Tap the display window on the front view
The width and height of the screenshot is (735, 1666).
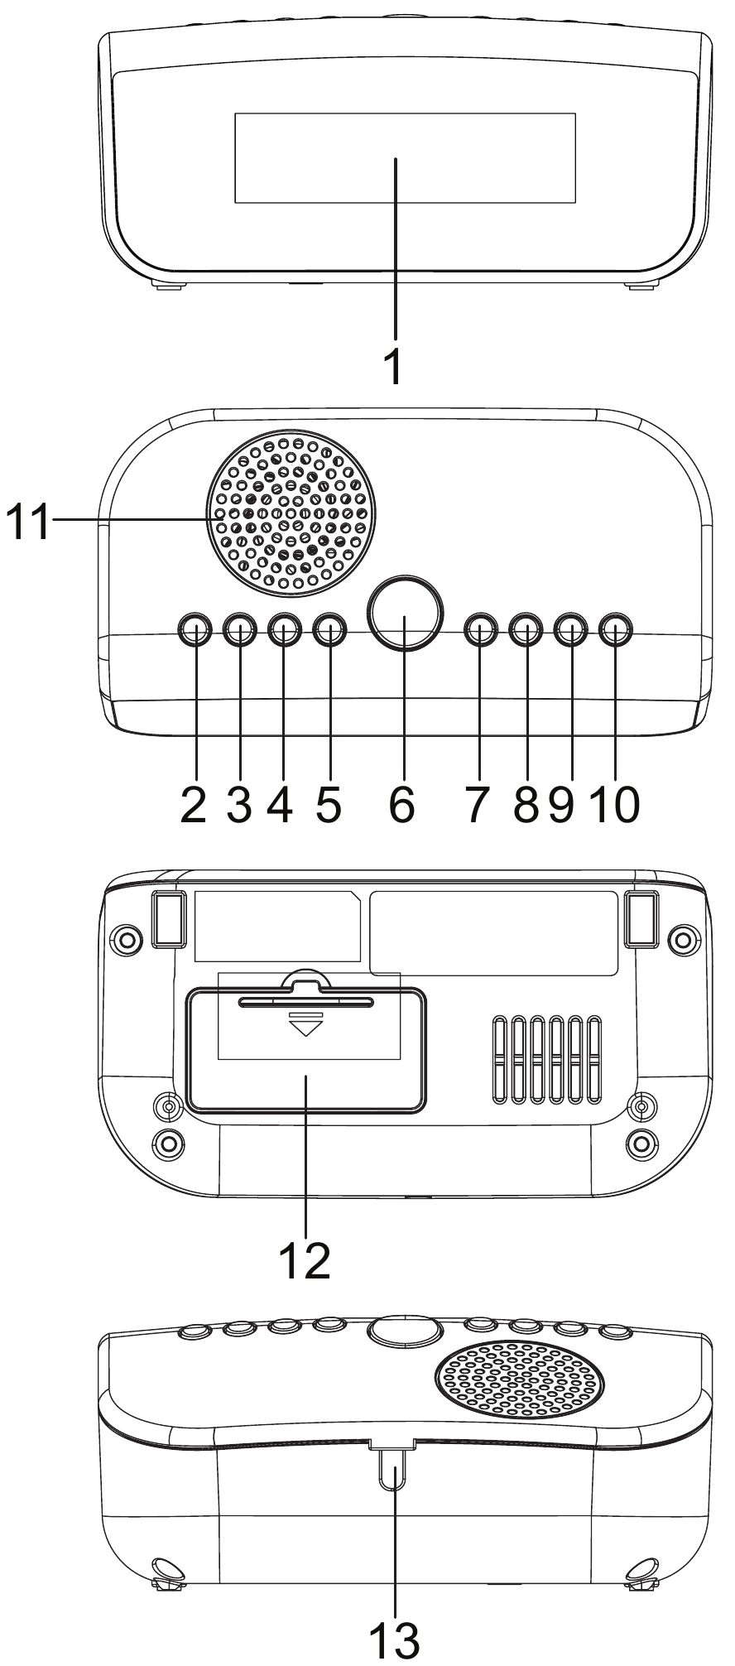tap(405, 157)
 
